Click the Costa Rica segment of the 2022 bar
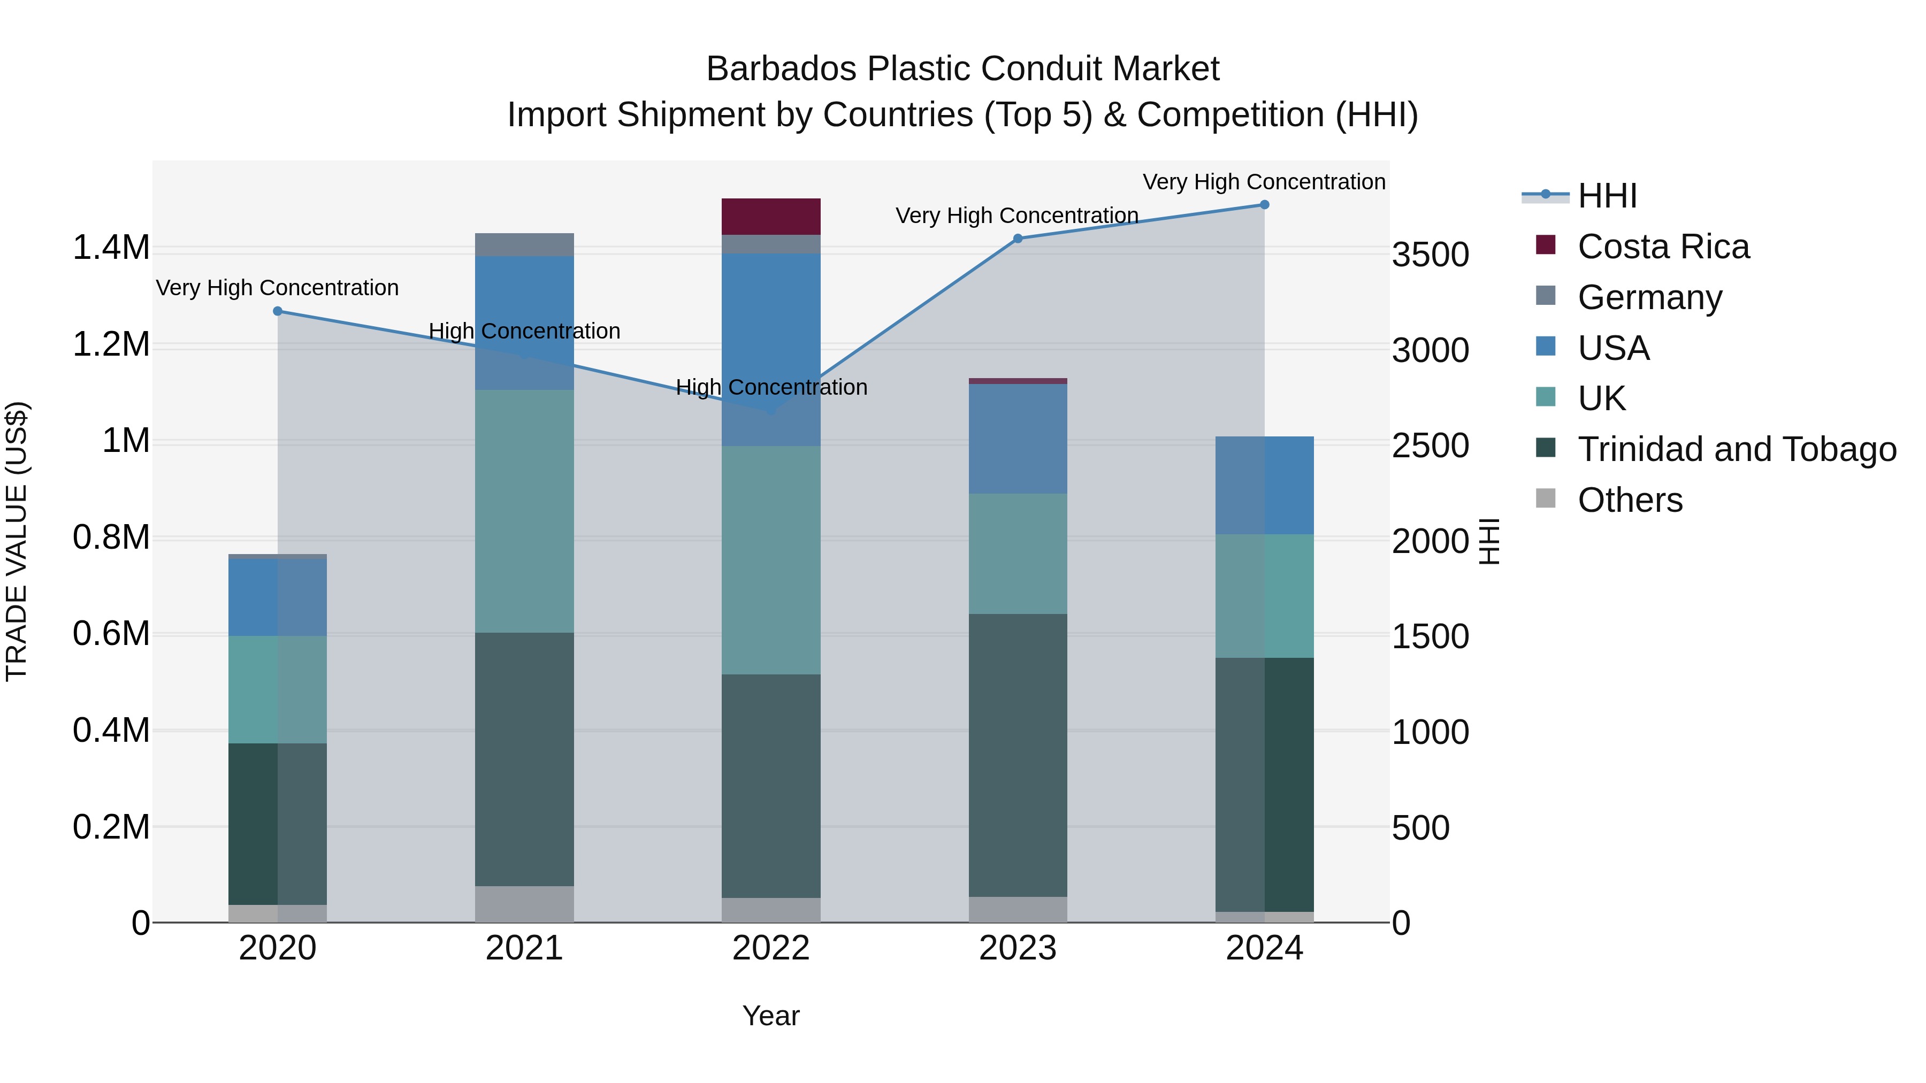(771, 217)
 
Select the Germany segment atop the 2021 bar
(524, 244)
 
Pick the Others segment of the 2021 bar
(524, 904)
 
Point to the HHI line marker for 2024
(1264, 205)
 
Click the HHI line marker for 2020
(277, 311)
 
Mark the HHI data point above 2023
(1018, 239)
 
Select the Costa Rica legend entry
(1663, 247)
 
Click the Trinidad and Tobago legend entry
(1736, 449)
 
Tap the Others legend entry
(1630, 500)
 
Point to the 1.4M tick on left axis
(111, 248)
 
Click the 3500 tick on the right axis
(1430, 255)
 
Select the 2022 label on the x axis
(771, 948)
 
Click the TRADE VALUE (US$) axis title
(17, 541)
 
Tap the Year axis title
(771, 1016)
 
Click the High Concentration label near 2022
(771, 387)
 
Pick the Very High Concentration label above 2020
(277, 288)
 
